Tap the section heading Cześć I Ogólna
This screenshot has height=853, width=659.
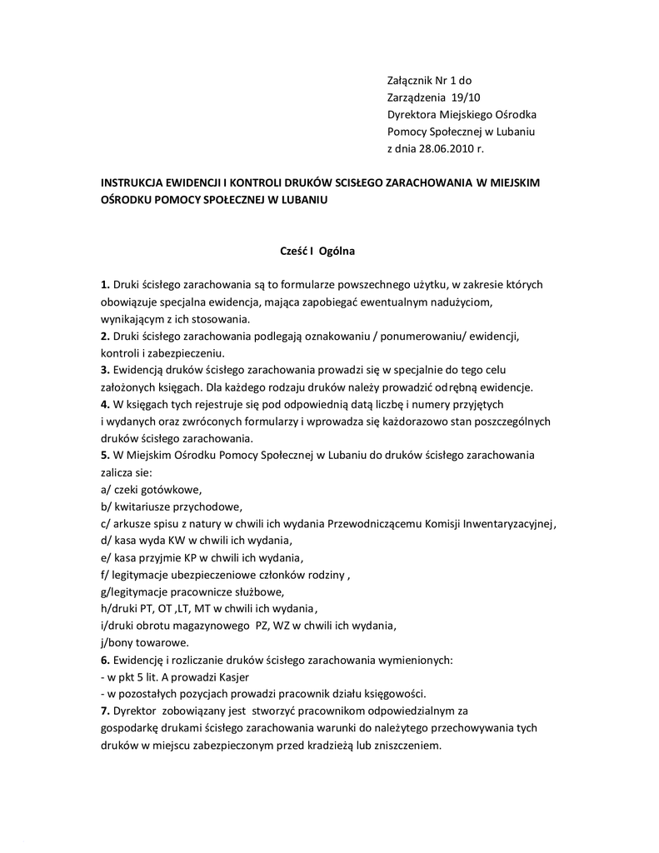[317, 249]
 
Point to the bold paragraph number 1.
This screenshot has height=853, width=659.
[104, 285]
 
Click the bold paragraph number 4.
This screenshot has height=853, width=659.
[104, 404]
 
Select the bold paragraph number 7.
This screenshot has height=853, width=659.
[104, 711]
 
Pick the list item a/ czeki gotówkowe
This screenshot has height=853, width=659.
[151, 489]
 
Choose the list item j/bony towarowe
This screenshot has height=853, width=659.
[144, 642]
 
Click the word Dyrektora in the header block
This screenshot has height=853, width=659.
[412, 114]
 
